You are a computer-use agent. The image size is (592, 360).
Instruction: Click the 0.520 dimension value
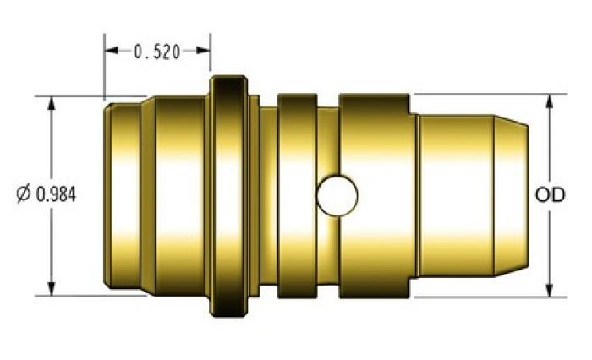click(157, 52)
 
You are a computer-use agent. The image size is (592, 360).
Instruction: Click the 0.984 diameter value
click(56, 194)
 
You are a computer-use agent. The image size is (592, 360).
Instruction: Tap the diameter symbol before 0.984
click(24, 194)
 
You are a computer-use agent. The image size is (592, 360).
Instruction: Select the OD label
click(550, 194)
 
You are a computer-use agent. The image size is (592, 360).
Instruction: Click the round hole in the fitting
click(337, 195)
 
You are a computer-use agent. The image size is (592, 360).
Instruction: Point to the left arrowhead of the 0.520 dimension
click(112, 50)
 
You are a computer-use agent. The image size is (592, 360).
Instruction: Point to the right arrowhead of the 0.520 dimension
click(203, 50)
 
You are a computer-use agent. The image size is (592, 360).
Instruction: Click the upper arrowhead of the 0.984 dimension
click(52, 104)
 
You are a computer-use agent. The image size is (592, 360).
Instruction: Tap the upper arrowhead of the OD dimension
click(550, 101)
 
